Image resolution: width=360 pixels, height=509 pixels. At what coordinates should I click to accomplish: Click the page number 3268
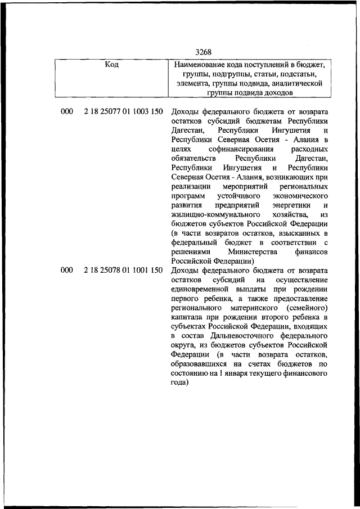click(204, 53)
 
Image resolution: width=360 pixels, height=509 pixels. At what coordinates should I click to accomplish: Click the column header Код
click(112, 65)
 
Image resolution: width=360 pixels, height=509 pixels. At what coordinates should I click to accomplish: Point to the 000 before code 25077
click(67, 112)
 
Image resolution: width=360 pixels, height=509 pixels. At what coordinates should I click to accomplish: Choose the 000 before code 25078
click(67, 271)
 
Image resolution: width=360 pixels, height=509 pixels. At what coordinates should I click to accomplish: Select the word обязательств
click(193, 158)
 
